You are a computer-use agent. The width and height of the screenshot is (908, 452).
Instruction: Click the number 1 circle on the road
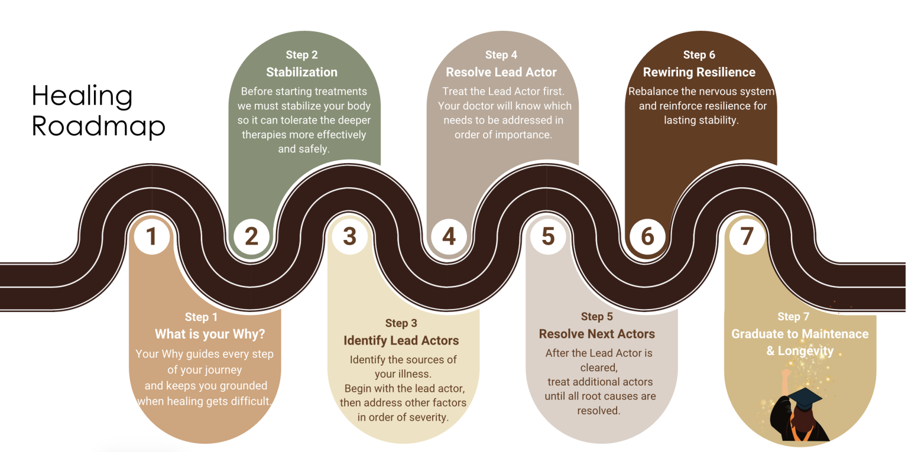click(x=151, y=236)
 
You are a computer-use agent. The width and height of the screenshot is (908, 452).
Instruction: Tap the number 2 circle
click(x=251, y=236)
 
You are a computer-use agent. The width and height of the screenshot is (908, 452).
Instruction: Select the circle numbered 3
click(x=349, y=236)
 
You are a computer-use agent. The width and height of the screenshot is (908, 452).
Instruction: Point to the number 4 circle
click(x=449, y=236)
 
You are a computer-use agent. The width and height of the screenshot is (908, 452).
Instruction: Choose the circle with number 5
click(x=548, y=236)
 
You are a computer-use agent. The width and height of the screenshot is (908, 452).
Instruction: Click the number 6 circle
click(x=647, y=236)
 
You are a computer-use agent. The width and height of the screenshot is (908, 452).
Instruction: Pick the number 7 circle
click(x=747, y=236)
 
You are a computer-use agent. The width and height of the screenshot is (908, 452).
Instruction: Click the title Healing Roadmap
click(x=98, y=111)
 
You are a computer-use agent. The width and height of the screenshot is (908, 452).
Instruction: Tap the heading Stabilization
click(x=301, y=72)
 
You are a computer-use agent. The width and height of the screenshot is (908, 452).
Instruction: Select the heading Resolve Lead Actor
click(x=501, y=72)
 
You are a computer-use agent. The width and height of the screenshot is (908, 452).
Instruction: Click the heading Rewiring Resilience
click(x=699, y=72)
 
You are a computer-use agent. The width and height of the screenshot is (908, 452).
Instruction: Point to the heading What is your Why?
click(x=210, y=334)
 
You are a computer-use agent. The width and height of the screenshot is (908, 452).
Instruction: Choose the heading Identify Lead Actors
click(x=401, y=340)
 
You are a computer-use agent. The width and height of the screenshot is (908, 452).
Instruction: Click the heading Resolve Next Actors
click(x=597, y=334)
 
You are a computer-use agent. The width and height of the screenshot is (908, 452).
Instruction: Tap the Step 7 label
click(x=793, y=317)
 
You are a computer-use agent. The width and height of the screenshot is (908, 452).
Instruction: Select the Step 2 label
click(x=301, y=55)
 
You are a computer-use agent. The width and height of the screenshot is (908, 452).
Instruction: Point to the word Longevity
click(x=806, y=350)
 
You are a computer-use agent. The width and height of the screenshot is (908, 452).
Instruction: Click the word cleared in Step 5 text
click(x=599, y=366)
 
